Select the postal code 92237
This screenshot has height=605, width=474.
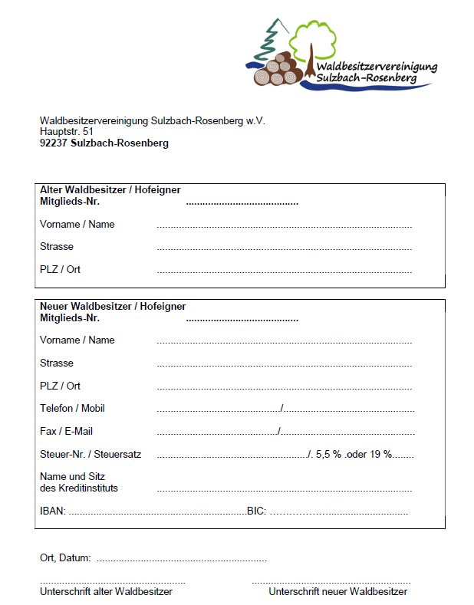coord(53,143)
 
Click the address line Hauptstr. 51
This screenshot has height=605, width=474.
coord(67,132)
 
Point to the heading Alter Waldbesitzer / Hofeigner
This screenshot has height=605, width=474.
coord(110,190)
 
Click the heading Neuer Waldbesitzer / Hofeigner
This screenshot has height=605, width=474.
coord(112,306)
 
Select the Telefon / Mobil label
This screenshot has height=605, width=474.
coord(72,409)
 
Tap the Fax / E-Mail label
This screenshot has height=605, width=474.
coord(66,432)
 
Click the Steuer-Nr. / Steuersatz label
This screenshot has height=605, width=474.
coord(91,455)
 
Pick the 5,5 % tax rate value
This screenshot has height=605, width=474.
coord(328,455)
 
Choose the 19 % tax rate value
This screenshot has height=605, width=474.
coord(380,455)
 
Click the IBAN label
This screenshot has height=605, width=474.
coord(52,511)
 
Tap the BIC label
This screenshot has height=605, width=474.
coord(255,511)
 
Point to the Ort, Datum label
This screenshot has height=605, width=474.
coord(65,557)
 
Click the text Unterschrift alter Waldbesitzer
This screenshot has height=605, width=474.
coord(106,592)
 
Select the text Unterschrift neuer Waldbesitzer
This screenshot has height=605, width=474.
coord(337,592)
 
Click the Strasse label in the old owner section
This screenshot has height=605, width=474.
coord(57,247)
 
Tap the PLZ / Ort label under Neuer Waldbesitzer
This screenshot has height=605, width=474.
coord(60,386)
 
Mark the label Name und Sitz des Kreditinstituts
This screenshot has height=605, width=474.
coord(79,482)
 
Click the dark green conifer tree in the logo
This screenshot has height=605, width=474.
coord(271,38)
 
